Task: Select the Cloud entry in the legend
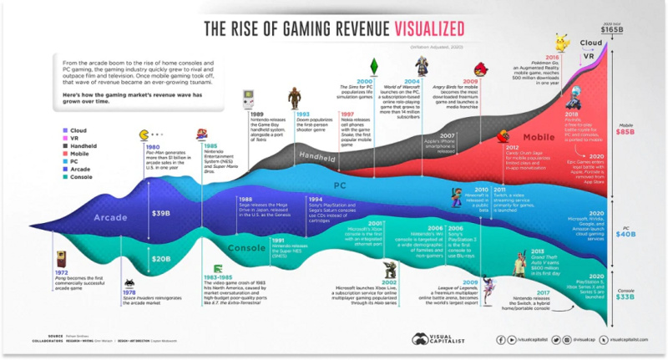click(79, 129)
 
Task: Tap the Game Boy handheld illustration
click(238, 99)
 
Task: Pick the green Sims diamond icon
click(375, 63)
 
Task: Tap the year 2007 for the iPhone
click(447, 134)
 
